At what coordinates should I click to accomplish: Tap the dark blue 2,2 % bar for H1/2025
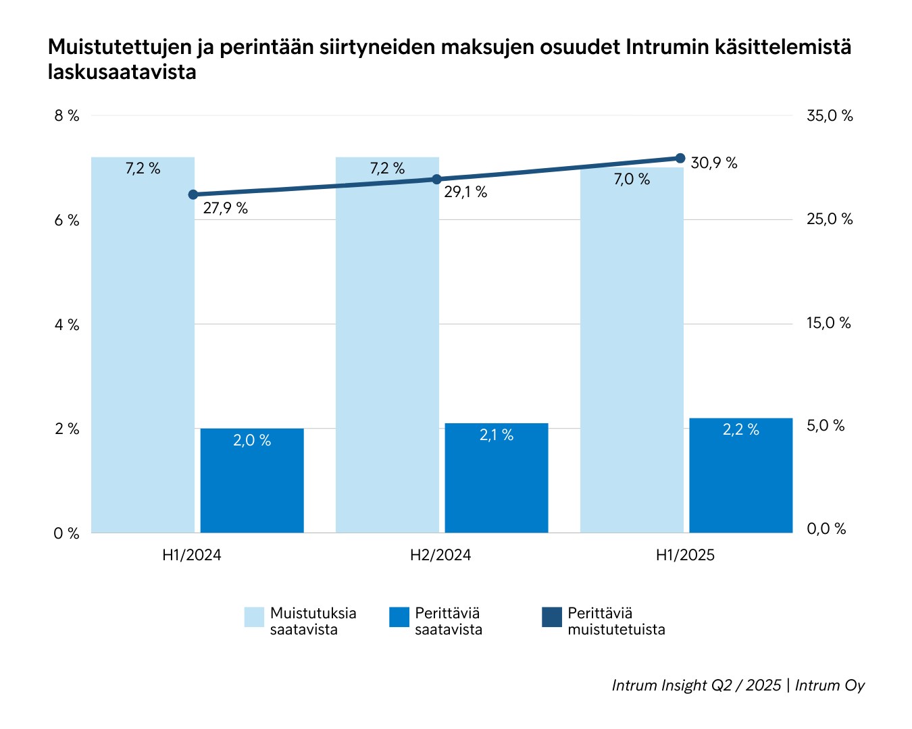(740, 475)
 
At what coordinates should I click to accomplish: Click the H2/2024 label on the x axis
(440, 556)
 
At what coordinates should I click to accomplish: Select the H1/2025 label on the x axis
(685, 556)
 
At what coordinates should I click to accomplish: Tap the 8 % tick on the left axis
(66, 116)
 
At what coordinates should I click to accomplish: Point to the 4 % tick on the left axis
(66, 325)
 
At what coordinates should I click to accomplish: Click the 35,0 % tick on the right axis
(830, 116)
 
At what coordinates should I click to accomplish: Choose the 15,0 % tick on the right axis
(828, 323)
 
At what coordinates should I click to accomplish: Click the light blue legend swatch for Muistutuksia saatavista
(254, 617)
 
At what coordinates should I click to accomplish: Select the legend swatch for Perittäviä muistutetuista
(552, 617)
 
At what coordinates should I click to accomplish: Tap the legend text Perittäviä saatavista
(449, 622)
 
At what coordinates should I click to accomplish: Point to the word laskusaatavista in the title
(122, 72)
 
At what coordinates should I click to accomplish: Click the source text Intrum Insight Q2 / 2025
(696, 685)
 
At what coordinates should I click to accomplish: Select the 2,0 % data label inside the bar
(252, 441)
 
